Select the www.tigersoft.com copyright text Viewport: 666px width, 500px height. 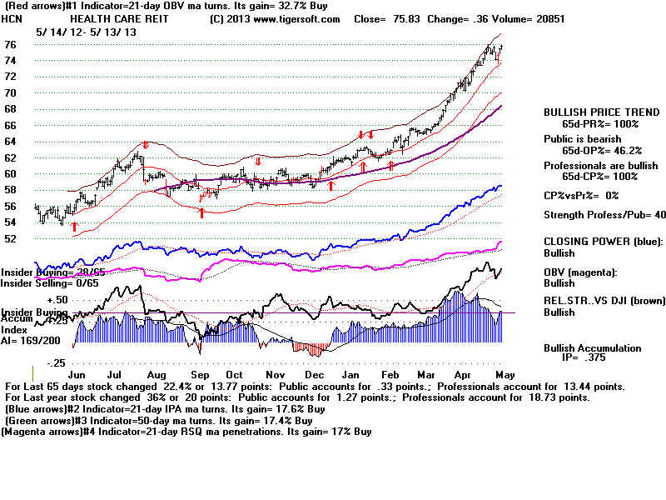coord(275,18)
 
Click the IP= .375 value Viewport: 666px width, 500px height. coord(582,360)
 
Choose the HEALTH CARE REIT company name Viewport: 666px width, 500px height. coord(111,18)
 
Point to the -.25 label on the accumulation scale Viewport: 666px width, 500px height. coord(57,363)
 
